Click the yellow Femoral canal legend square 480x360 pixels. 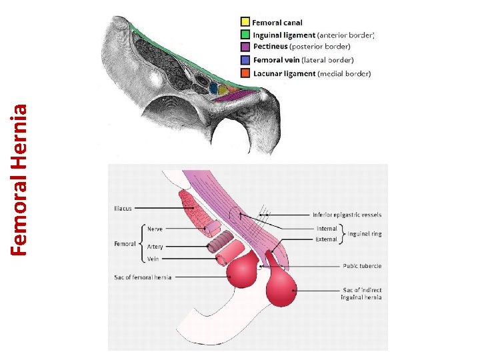tap(246, 22)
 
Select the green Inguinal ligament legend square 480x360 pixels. tap(246, 34)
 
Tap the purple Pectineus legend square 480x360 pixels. tap(246, 47)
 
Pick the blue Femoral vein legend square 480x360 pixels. tap(246, 59)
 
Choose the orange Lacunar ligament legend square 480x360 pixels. tap(246, 72)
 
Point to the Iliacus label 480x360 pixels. tap(124, 208)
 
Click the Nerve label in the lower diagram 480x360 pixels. tap(155, 229)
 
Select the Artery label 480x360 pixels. tap(155, 246)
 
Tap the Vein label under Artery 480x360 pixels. tap(154, 258)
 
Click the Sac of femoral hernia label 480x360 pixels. tap(142, 277)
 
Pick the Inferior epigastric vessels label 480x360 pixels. tap(347, 215)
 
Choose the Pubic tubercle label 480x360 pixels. tap(362, 266)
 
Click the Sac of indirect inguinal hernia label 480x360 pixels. tap(361, 293)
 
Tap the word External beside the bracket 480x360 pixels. tap(327, 239)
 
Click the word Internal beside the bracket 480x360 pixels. tap(327, 229)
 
